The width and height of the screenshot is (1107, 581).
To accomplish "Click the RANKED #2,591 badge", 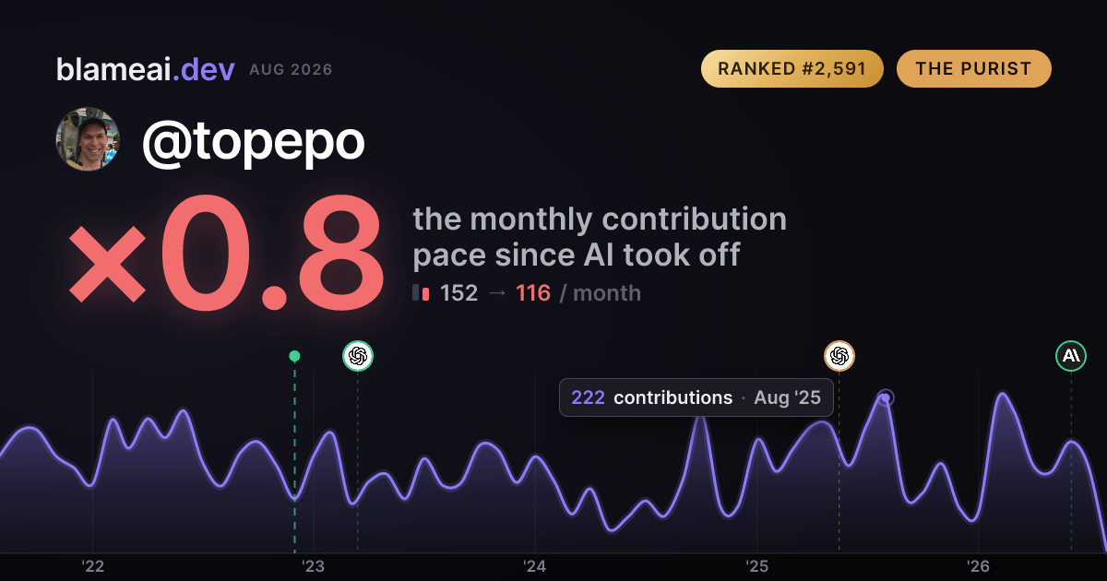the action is tap(792, 68).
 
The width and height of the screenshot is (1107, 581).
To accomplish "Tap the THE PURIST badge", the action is tap(973, 68).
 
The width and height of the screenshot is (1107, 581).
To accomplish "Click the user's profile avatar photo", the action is tap(88, 139).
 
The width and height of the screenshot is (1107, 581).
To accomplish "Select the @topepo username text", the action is tap(253, 142).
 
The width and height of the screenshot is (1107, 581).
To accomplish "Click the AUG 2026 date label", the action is tap(291, 70).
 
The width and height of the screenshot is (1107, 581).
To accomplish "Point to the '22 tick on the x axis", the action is tap(92, 566).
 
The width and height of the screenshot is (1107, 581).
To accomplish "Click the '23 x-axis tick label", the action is tap(314, 566).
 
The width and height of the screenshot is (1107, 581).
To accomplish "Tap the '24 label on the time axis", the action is tap(535, 566).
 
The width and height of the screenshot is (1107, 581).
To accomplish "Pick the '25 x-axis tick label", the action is tap(756, 566).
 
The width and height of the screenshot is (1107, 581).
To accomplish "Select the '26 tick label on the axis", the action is tap(978, 566).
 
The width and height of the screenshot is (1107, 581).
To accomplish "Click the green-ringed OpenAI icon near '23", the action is tap(358, 356).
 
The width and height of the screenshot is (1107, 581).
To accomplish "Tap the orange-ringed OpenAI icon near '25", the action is tap(839, 356).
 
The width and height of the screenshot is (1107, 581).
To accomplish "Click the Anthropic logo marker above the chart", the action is tap(1071, 356).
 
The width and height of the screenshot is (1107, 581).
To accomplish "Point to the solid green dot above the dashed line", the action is tap(294, 356).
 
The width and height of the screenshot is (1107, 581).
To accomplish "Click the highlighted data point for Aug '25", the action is tap(886, 397).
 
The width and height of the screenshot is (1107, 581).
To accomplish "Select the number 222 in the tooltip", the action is tap(589, 397).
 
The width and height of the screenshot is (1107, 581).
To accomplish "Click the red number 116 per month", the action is tap(533, 293).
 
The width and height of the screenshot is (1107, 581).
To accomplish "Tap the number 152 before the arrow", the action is tap(458, 293).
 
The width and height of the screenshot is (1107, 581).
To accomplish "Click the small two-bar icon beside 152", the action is tap(421, 292).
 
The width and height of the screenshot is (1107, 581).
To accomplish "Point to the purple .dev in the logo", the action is tap(204, 69).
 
